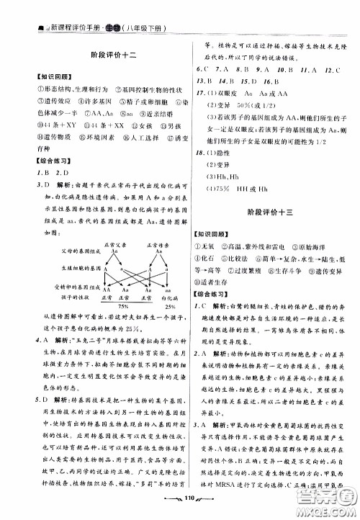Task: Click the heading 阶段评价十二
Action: click(x=102, y=55)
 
